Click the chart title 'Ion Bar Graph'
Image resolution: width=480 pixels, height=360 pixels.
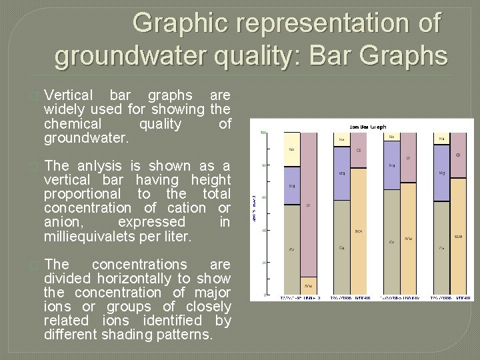367,127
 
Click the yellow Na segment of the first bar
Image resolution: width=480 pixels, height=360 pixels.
291,143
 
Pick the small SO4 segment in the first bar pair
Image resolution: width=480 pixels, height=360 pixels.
308,285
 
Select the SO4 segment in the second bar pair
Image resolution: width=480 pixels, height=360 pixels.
359,231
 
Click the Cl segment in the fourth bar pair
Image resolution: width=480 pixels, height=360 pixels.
459,155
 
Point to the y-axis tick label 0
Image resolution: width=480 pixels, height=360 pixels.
266,295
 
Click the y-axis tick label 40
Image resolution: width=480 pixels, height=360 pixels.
265,231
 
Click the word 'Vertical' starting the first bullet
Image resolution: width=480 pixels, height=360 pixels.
68,96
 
